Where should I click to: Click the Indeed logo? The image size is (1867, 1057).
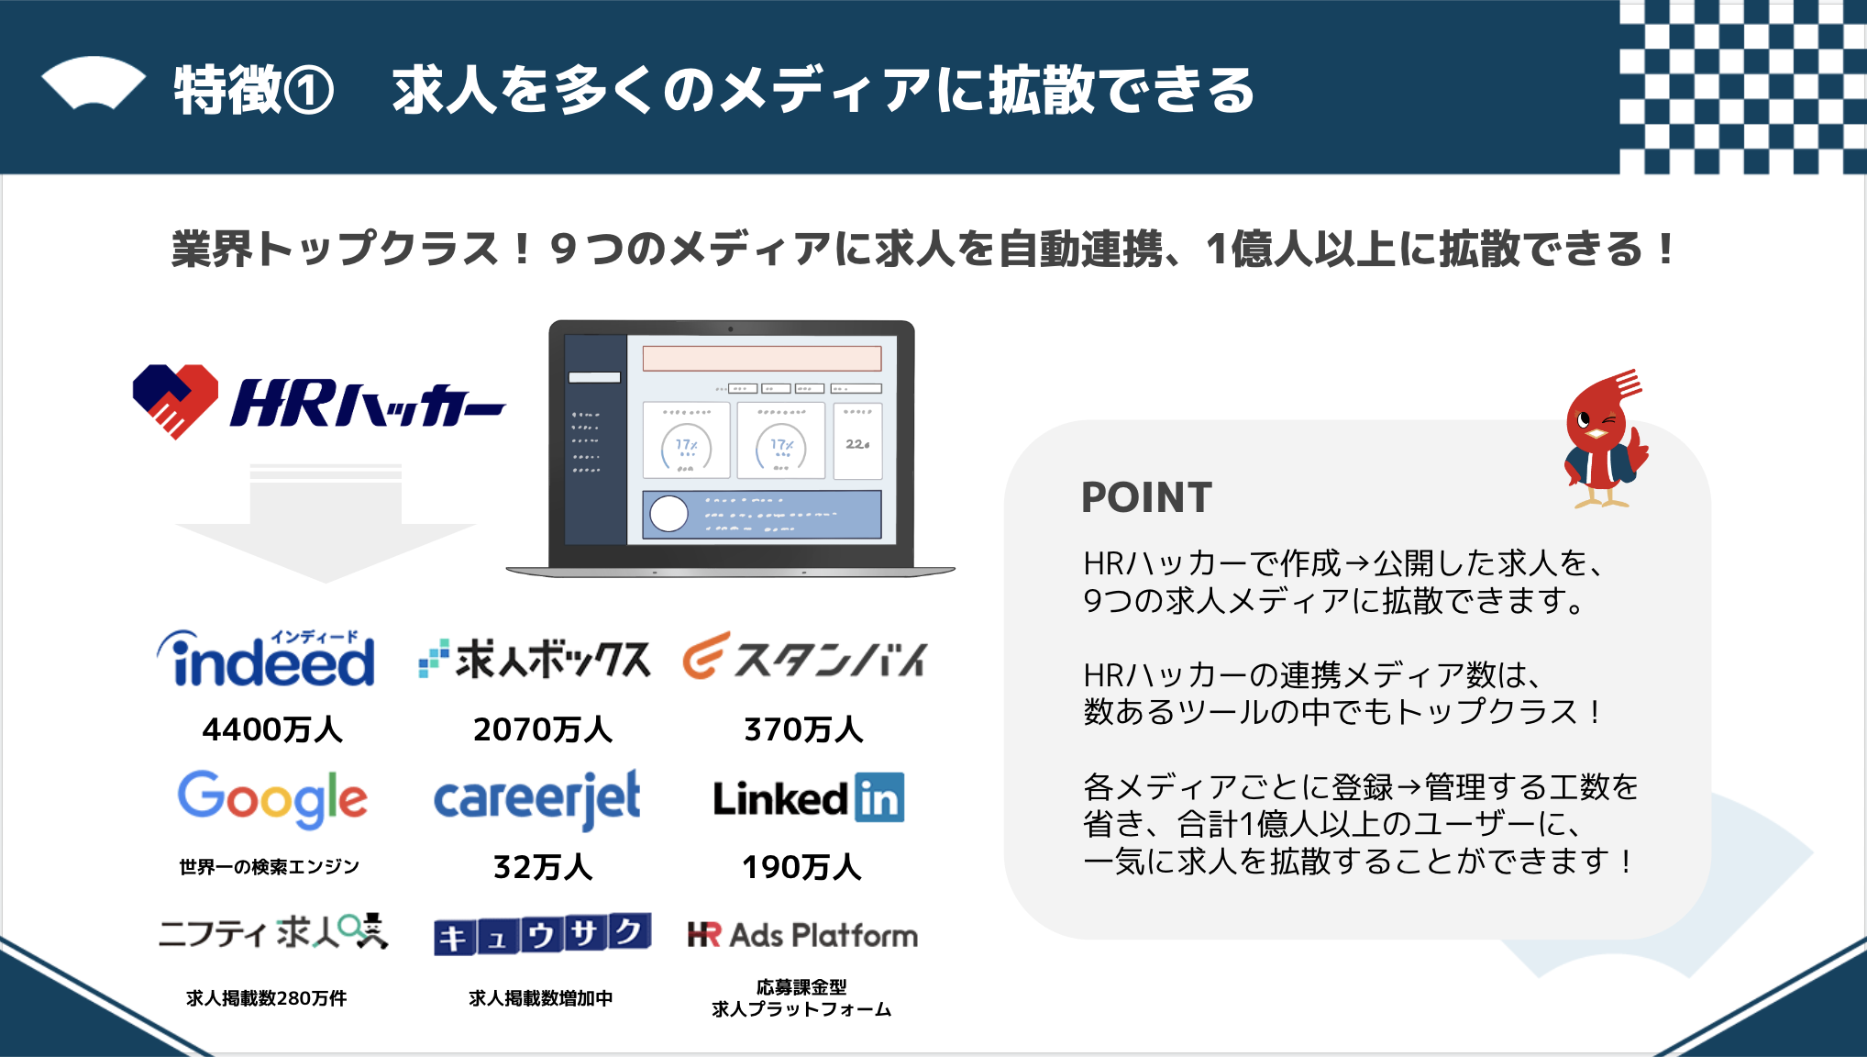266,659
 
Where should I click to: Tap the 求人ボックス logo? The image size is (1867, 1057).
535,659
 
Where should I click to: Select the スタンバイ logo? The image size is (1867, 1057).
804,656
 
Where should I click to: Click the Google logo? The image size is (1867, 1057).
272,799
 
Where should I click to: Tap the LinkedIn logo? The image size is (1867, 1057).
809,797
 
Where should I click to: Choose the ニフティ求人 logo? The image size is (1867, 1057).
273,932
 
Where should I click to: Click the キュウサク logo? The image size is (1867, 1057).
543,934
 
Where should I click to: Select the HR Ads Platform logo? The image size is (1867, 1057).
802,935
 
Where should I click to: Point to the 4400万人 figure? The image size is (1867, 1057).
272,729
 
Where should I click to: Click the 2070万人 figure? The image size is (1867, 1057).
543,729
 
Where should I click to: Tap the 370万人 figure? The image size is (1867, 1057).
804,729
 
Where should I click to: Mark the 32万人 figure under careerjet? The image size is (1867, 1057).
543,867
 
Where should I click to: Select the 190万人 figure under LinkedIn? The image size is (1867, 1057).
802,867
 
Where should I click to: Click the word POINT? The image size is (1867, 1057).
1146,498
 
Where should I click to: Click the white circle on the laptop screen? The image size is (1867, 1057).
668,514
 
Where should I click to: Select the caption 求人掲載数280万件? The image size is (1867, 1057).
266,998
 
